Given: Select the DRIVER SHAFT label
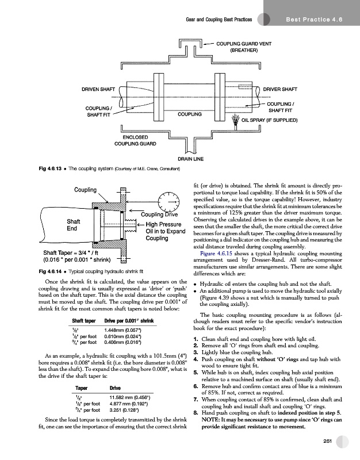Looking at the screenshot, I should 279,89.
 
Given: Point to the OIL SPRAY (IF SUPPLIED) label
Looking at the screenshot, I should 270,121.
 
